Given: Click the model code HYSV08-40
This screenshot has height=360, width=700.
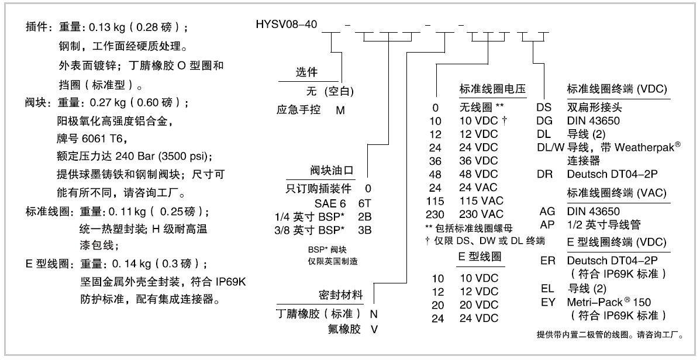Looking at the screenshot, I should (x=287, y=24).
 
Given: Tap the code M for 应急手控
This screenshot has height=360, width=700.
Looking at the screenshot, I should (x=340, y=110).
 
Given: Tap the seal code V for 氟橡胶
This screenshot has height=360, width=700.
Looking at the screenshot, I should (x=374, y=328).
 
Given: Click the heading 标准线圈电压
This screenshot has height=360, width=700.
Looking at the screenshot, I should (x=493, y=89).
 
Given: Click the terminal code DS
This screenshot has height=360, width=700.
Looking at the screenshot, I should (x=544, y=108).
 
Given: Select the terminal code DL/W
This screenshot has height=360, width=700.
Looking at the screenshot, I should (x=550, y=147).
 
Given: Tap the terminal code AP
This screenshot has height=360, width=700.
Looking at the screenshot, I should (x=547, y=224).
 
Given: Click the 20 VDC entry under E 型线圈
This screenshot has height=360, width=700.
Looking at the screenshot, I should (x=478, y=304).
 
